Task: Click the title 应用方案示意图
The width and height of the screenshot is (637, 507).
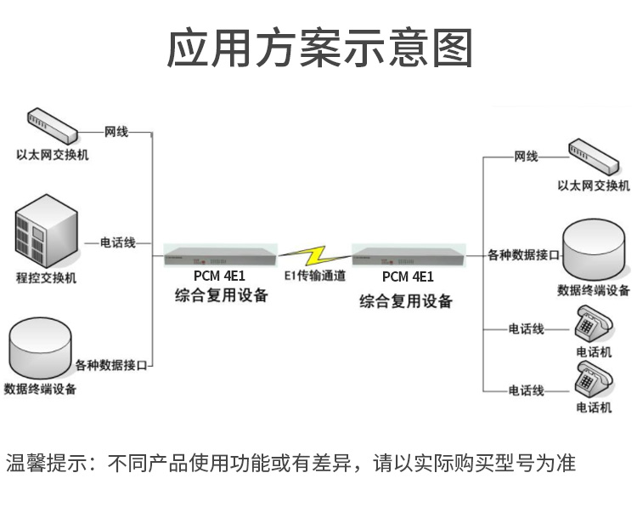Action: click(318, 48)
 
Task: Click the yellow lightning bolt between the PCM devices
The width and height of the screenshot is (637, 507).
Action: click(316, 253)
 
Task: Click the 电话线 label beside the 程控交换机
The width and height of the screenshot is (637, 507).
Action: click(118, 243)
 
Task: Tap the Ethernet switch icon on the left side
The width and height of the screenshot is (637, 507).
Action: click(51, 127)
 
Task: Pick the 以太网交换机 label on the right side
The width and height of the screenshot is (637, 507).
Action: click(594, 185)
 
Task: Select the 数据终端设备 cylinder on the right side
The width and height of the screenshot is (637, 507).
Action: click(594, 248)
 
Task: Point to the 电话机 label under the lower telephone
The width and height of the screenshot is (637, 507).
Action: click(593, 407)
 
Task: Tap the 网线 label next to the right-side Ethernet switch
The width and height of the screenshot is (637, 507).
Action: click(526, 157)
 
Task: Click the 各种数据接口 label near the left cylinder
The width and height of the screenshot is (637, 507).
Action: click(111, 366)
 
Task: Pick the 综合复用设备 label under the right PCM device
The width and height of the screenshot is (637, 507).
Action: click(406, 301)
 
